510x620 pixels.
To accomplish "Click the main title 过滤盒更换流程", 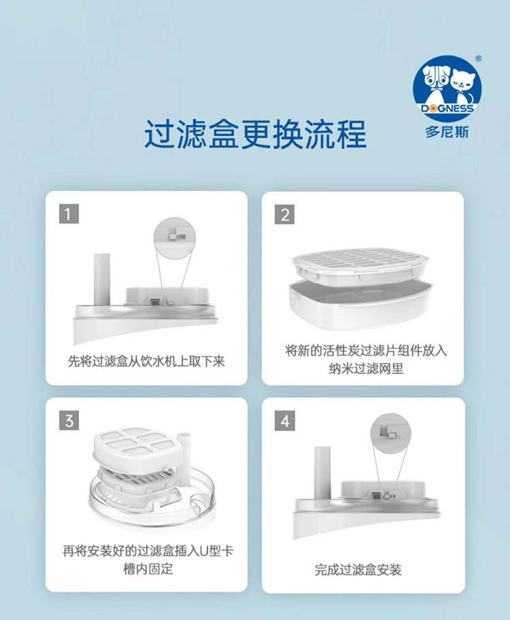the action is pos(256,134).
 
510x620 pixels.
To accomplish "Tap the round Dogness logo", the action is pos(447,88).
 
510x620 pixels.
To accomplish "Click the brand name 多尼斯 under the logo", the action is pos(447,132).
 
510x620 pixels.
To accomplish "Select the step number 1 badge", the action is pos(69,214).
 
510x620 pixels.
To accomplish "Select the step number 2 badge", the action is pos(285,214).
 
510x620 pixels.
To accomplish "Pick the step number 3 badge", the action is pos(69,420).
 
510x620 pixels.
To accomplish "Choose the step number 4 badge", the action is pos(285,421).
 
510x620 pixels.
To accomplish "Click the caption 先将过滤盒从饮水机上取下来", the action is pos(146,361).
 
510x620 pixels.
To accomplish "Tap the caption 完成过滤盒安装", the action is pos(358,570).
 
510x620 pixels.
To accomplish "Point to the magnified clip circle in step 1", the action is pos(175,238).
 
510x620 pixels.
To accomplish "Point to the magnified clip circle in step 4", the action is pos(390,433).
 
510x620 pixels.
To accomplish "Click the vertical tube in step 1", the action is pos(102,279).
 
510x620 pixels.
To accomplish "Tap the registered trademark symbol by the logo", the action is pos(478,59).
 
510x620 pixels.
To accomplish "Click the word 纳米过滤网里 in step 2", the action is pos(366,368).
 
